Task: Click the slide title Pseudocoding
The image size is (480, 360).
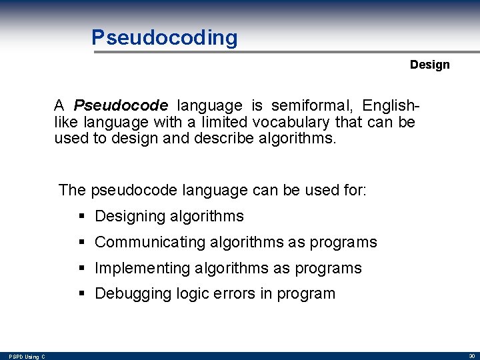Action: [164, 38]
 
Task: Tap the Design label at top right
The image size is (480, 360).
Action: [429, 65]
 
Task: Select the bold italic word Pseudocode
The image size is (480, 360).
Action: [121, 105]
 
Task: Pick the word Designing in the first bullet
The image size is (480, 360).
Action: [130, 217]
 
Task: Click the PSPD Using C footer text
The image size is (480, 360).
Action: [27, 357]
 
